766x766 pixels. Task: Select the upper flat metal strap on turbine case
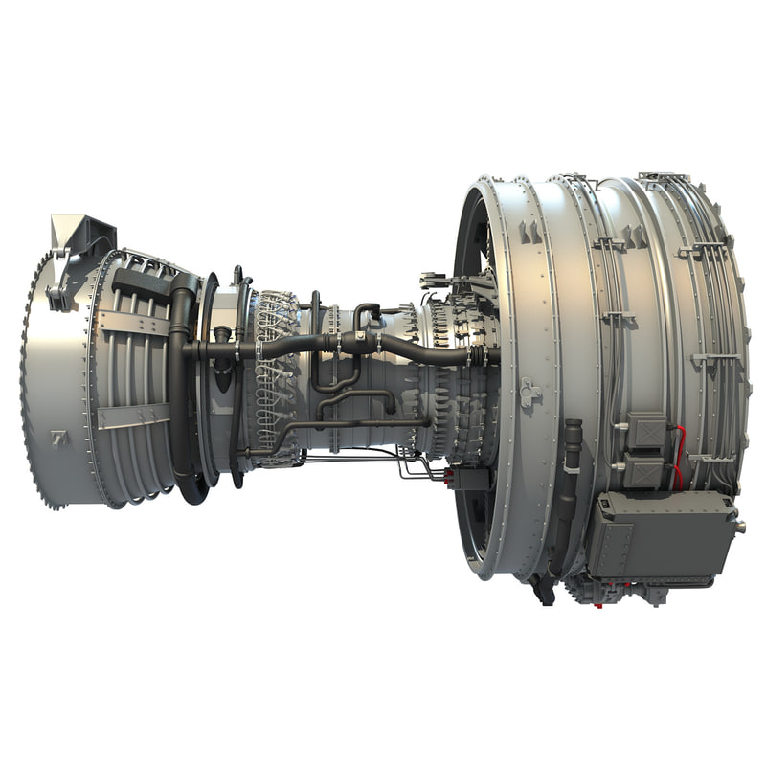click(134, 323)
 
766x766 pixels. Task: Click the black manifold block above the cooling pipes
click(141, 282)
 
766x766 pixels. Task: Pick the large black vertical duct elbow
click(182, 383)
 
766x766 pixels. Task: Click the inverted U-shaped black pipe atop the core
click(366, 312)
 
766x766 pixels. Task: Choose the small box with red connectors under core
click(469, 477)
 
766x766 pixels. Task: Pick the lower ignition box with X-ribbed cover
click(643, 472)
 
